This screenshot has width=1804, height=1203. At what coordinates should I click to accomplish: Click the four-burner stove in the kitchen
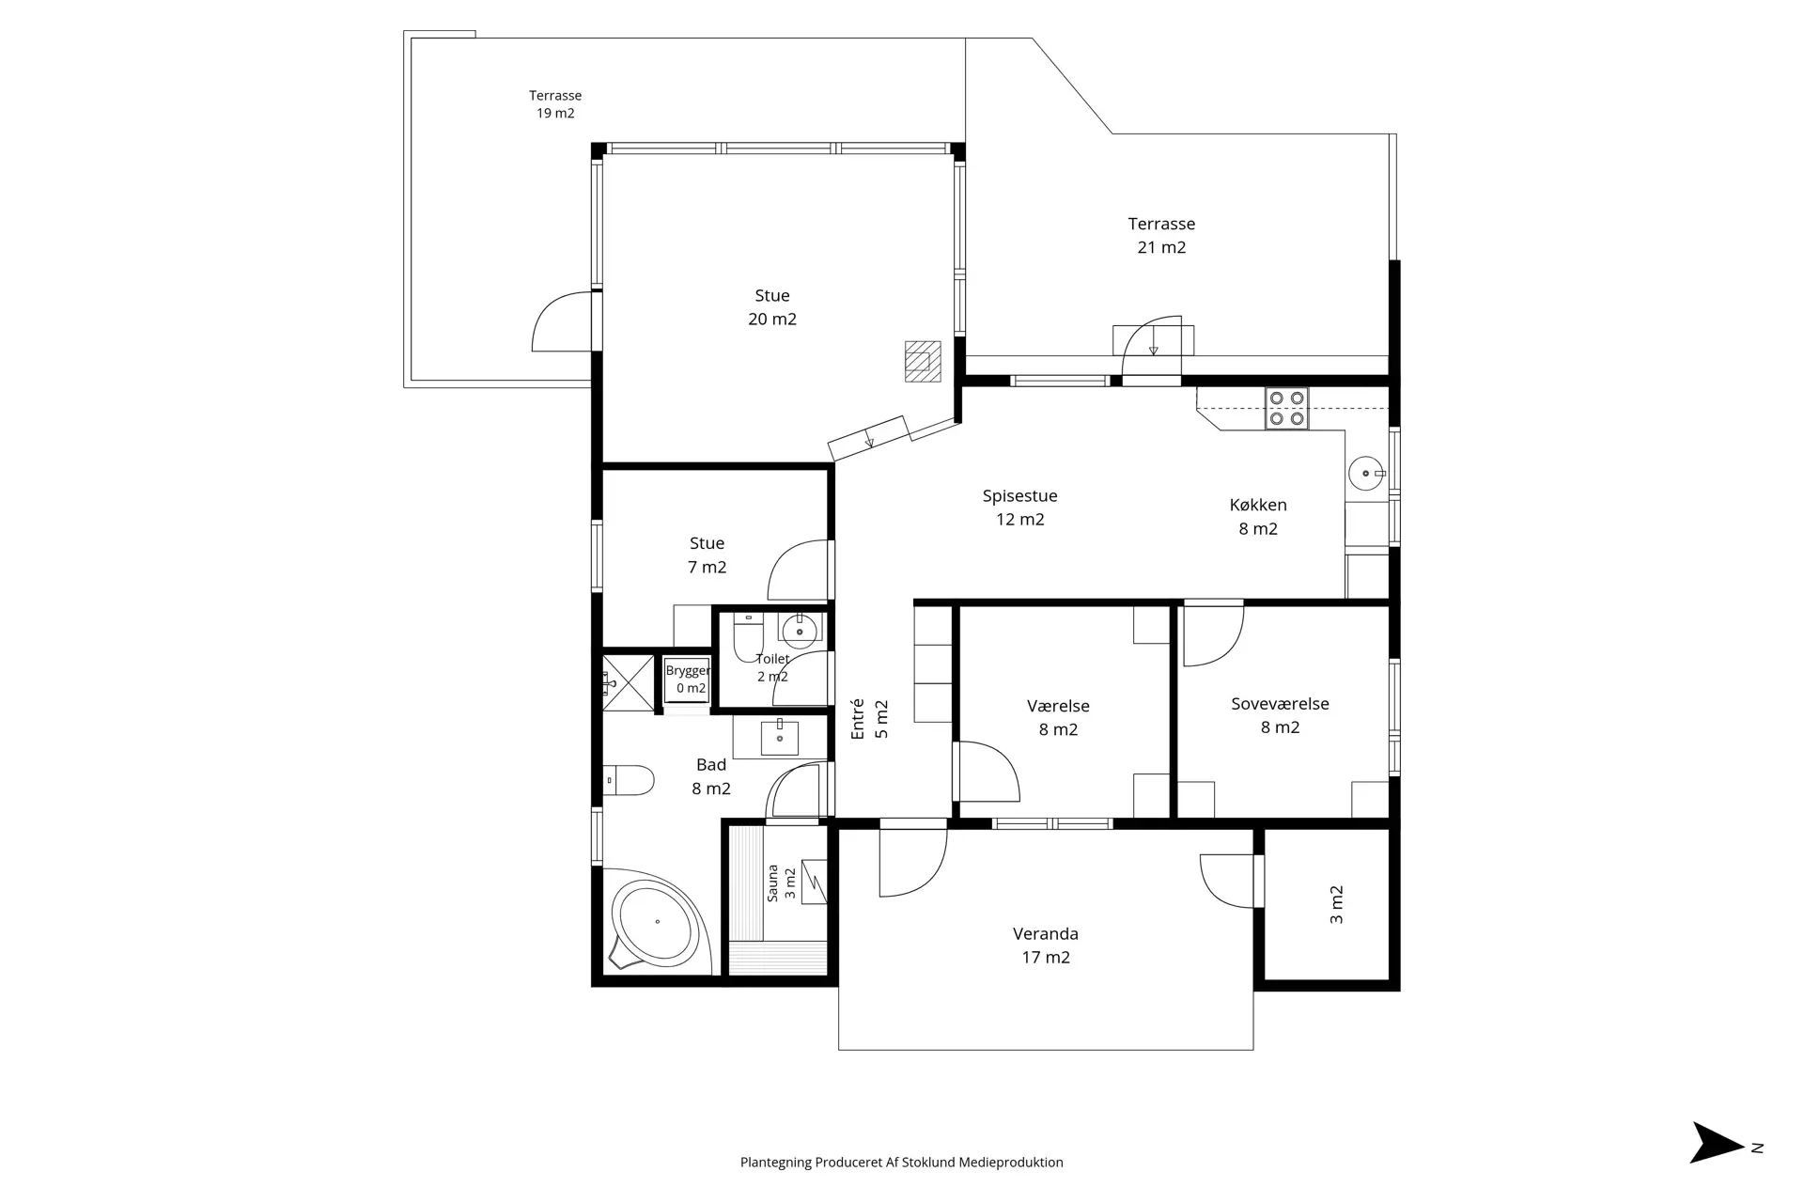1286,409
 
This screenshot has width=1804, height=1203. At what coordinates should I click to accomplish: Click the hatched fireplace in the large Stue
922,361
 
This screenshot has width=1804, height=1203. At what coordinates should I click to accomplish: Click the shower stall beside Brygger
628,683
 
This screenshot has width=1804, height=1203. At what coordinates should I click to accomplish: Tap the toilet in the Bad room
629,780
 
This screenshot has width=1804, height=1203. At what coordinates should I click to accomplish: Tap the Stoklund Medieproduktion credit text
902,1163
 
